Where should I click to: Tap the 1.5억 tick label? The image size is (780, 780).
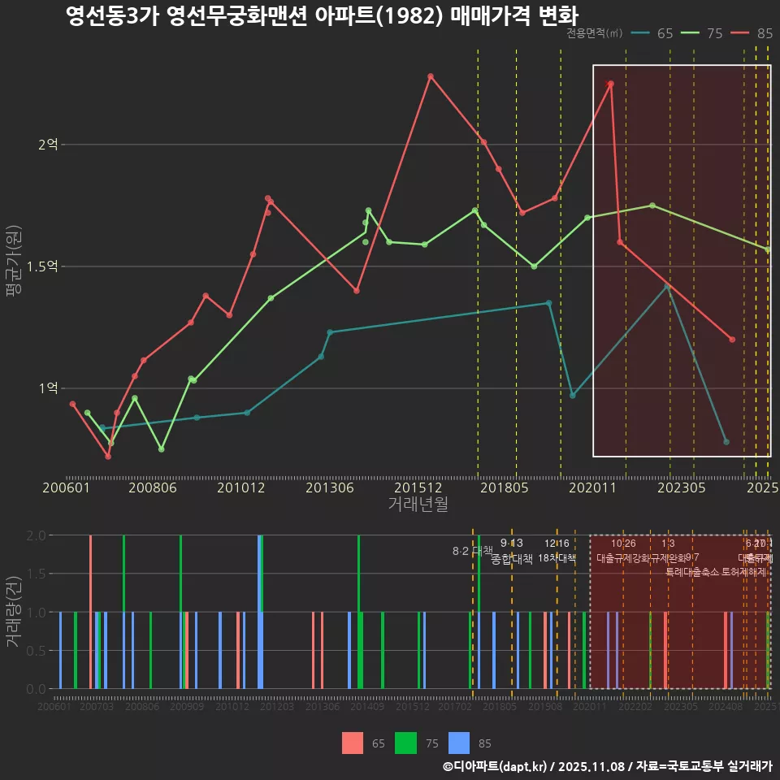click(x=42, y=266)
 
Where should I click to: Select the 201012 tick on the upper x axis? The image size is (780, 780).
click(x=242, y=488)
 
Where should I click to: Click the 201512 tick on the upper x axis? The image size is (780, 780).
click(x=418, y=488)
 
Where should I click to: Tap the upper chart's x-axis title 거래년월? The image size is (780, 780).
click(x=418, y=505)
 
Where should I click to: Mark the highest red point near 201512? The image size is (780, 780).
click(x=431, y=76)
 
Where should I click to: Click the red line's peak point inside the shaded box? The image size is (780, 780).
click(x=611, y=84)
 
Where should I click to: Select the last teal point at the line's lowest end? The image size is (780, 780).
click(x=726, y=442)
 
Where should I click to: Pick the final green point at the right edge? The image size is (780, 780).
click(x=768, y=249)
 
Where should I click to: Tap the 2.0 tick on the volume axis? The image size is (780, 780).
click(x=37, y=535)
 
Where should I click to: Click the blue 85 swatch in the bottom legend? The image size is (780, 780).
click(x=459, y=743)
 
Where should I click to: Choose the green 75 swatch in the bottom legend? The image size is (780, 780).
click(x=405, y=743)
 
